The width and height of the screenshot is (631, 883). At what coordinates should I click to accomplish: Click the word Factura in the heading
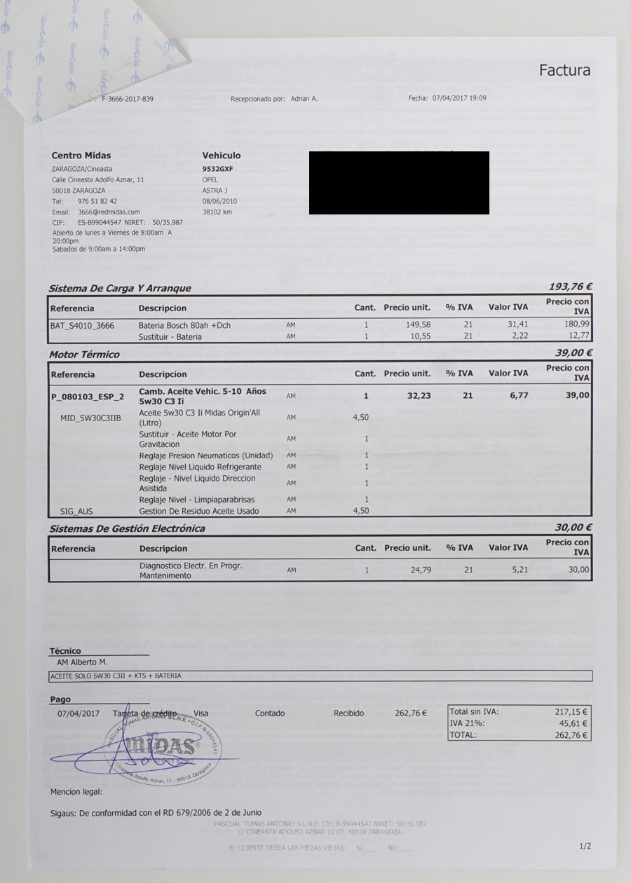564,70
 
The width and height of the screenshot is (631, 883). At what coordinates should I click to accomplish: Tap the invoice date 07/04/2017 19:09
459,98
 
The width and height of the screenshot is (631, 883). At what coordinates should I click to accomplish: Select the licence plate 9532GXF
217,169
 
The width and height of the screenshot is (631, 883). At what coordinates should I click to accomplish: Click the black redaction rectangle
399,182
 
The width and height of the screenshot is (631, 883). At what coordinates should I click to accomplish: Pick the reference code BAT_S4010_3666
82,325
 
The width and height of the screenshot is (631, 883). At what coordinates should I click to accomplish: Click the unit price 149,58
419,324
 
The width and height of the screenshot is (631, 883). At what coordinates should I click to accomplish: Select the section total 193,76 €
571,287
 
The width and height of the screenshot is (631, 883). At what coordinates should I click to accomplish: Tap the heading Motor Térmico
84,354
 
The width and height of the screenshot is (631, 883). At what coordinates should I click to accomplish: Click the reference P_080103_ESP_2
88,396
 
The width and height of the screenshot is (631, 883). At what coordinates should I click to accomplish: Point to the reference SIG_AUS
76,511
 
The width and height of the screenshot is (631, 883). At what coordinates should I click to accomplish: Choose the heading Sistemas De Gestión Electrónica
127,528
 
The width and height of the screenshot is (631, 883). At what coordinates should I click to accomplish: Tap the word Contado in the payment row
270,713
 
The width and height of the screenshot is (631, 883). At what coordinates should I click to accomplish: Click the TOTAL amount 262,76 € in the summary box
570,735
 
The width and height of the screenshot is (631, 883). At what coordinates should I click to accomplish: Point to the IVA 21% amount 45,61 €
573,723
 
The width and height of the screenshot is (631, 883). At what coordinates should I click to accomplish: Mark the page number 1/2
585,846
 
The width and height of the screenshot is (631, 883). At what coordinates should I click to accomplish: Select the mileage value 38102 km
217,211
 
